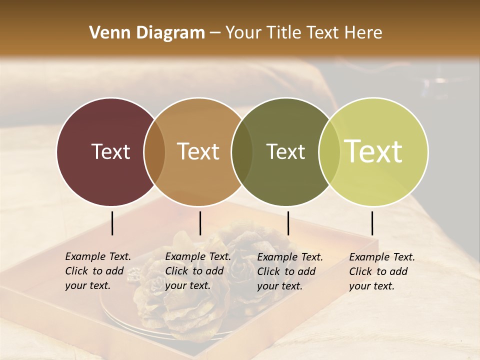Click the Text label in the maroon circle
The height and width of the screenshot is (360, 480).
click(110, 151)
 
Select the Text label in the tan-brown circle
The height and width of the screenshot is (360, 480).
click(198, 151)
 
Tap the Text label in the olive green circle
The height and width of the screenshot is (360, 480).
click(285, 151)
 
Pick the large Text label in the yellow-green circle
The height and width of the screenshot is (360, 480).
click(373, 151)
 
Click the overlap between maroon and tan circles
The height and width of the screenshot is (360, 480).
click(154, 152)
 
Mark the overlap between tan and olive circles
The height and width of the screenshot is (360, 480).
click(242, 152)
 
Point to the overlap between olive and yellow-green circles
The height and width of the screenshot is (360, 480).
click(328, 152)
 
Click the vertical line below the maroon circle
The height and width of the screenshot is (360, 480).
click(112, 223)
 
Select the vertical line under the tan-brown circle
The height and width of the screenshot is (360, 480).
click(200, 223)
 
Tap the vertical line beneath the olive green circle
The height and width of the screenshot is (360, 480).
click(288, 223)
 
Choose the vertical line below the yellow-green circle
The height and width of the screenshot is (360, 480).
click(372, 223)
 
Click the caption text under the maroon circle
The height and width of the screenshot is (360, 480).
click(97, 271)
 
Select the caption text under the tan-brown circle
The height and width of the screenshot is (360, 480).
click(197, 271)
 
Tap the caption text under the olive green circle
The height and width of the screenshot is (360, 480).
click(289, 271)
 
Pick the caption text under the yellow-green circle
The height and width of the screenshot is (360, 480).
click(381, 271)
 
